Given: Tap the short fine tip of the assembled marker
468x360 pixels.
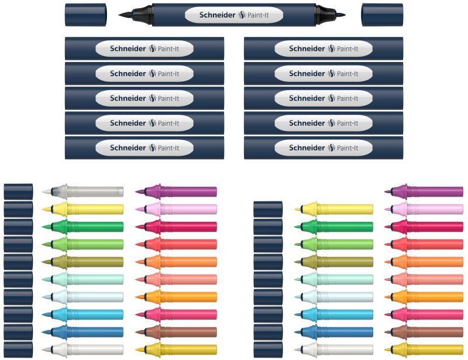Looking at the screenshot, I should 340,14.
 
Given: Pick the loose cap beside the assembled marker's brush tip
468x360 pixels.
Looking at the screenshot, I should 85,14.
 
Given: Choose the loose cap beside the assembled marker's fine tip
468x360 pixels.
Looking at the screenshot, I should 382,14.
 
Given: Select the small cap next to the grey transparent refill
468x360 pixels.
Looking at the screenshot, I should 18,191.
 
